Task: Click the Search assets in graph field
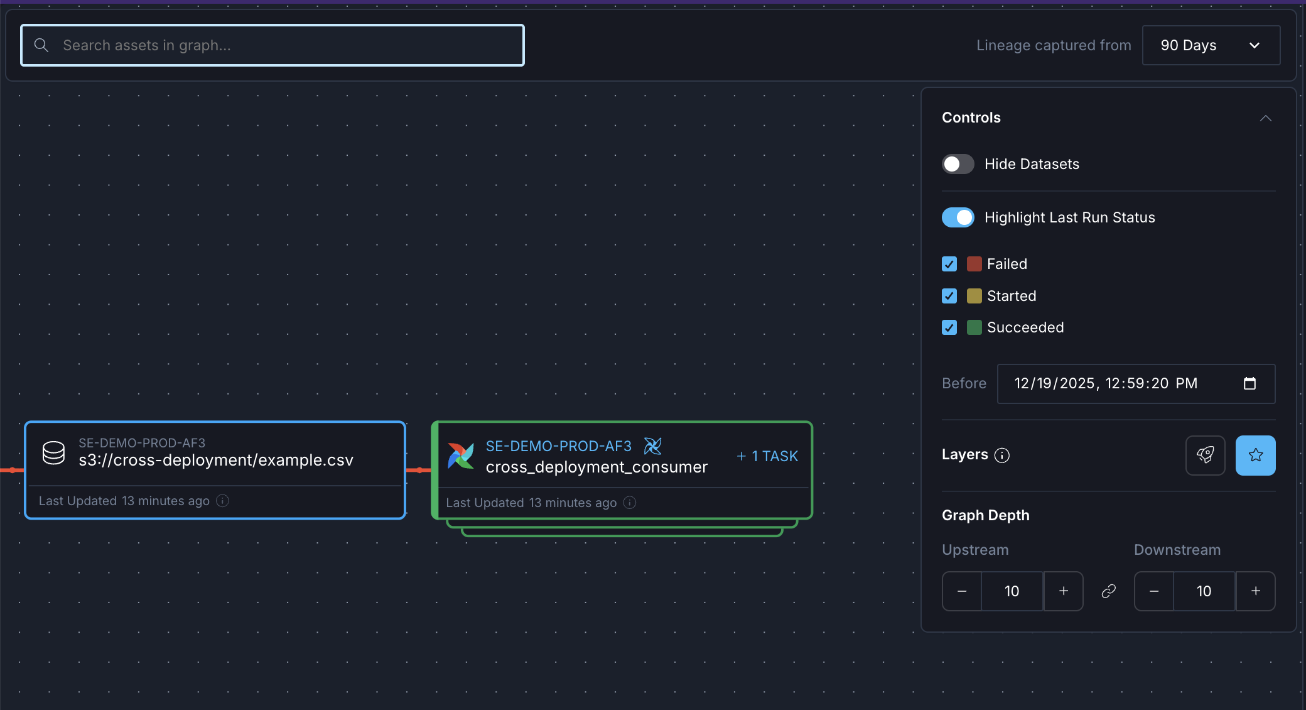(x=273, y=45)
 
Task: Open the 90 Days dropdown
(x=1211, y=45)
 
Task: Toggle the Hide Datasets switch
(x=958, y=164)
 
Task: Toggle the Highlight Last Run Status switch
(x=958, y=217)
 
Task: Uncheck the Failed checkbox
(x=949, y=264)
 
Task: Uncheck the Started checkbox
(x=949, y=296)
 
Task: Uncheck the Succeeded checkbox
(x=949, y=327)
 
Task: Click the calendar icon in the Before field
(x=1249, y=383)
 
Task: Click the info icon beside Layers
(x=1002, y=455)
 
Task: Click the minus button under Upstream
(x=962, y=591)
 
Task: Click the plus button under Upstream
(x=1064, y=591)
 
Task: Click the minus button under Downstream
(x=1154, y=591)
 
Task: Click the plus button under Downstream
(x=1256, y=591)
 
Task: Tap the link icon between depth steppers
(x=1109, y=591)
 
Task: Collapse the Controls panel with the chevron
(x=1266, y=118)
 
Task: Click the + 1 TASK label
(x=767, y=456)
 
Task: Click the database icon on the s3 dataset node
(x=53, y=452)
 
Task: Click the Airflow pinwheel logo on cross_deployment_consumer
(x=461, y=456)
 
